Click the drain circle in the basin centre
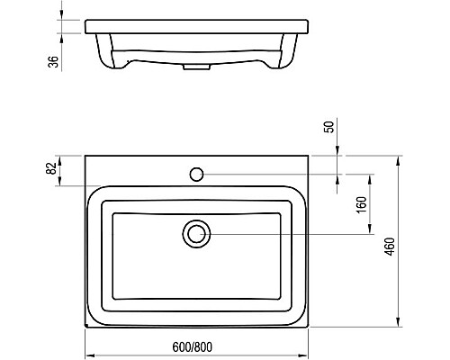196,234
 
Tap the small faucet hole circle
196,172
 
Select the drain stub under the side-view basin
192,66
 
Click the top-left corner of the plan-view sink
85,155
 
